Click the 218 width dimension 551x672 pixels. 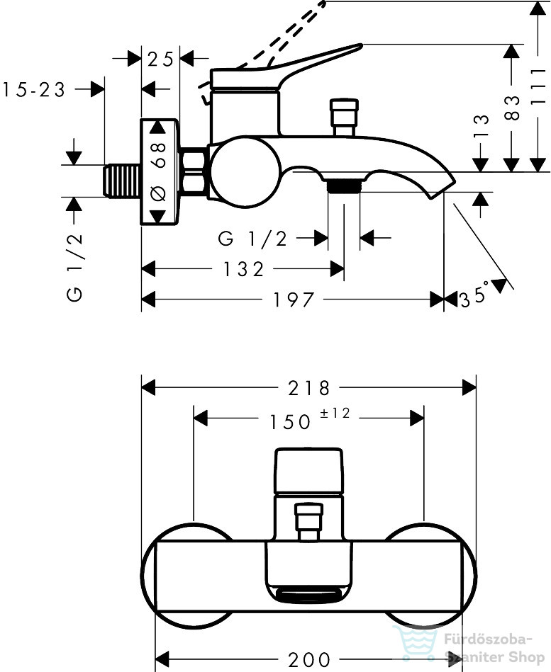coord(308,388)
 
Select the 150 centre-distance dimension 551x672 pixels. coord(289,422)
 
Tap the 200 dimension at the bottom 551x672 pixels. coord(309,660)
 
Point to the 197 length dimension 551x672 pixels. coord(294,300)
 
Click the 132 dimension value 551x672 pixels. coord(243,270)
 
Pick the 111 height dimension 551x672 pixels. coord(538,86)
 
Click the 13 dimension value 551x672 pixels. coord(481,125)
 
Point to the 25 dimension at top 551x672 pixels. coord(160,59)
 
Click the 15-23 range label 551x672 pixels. coord(34,90)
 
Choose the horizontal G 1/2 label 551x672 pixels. coord(252,239)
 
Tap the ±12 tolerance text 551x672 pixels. coord(335,413)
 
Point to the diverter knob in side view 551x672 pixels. coord(344,117)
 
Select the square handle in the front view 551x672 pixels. coord(308,471)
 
